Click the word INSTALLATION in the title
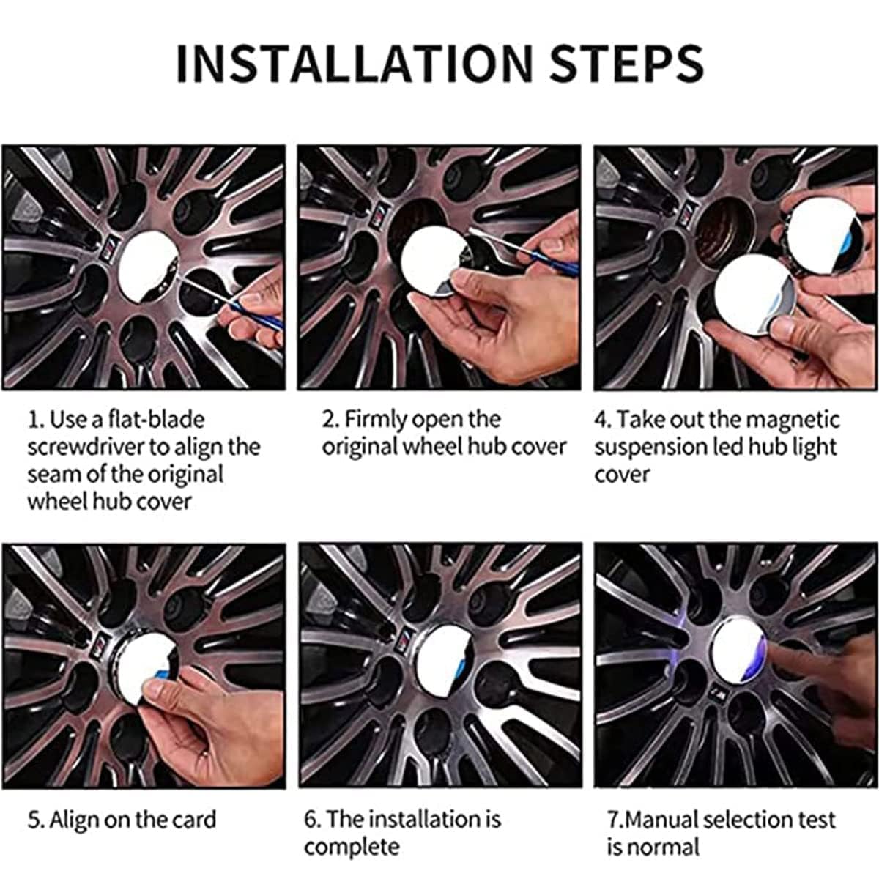click(355, 63)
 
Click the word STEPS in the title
click(627, 63)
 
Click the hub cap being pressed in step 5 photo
click(147, 662)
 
